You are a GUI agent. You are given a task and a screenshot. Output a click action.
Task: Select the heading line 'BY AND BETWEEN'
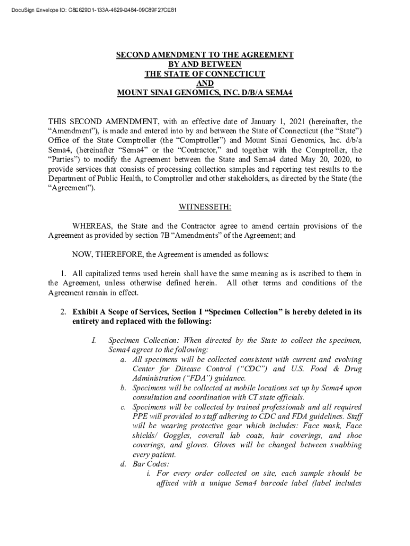point(205,64)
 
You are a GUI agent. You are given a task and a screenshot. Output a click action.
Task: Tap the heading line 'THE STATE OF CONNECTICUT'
point(205,73)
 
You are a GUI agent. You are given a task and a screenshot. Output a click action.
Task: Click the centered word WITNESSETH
point(205,207)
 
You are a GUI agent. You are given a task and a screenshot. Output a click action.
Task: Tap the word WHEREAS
point(93,226)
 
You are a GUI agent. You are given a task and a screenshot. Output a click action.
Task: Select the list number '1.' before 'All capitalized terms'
point(65,274)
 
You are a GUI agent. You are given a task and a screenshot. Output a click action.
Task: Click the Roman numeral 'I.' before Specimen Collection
point(94,340)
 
